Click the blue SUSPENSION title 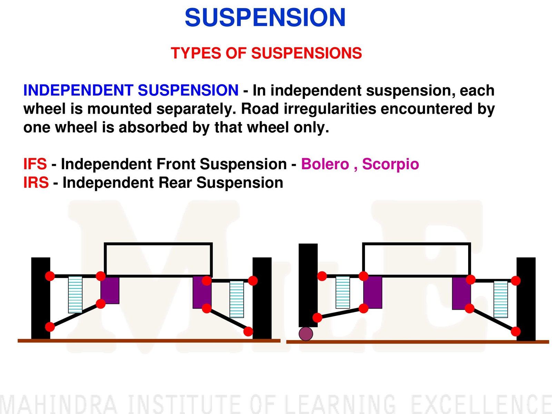265,18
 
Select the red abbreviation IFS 35,164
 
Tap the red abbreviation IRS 36,183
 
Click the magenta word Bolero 325,164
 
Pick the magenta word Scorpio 391,164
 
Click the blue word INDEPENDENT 78,90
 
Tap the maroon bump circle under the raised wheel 306,334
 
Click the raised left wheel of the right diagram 308,285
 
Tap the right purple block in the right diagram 461,293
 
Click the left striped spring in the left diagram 75,295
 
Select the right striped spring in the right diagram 501,299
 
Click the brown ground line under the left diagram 148,341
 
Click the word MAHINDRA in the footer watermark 59,404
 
